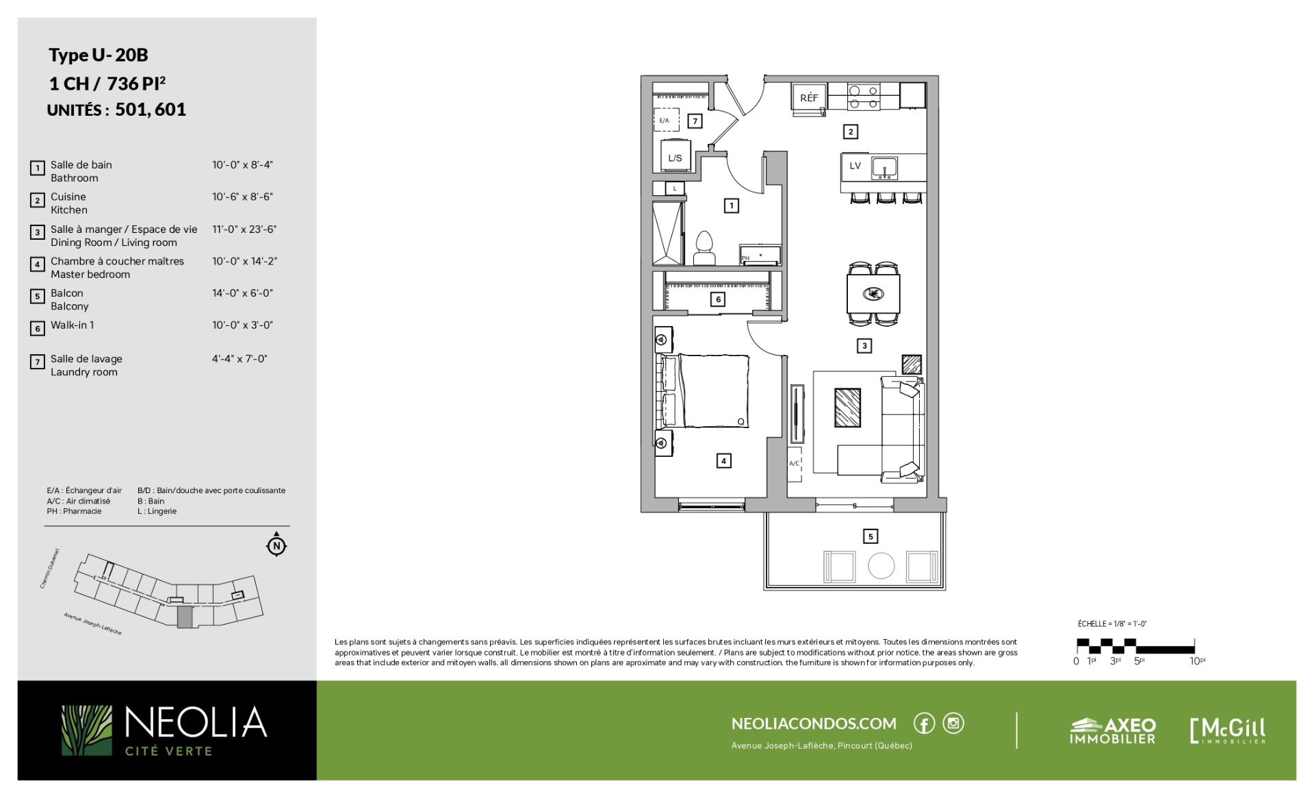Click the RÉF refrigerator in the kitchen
[x=809, y=97]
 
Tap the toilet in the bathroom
[x=704, y=248]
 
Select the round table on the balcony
[x=881, y=566]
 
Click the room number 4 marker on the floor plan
[x=723, y=461]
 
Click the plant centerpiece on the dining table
[x=873, y=294]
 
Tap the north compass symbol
[x=276, y=545]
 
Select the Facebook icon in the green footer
[x=924, y=723]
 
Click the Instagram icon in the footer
[x=953, y=723]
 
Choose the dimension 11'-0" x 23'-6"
[x=244, y=229]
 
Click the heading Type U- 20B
[x=99, y=55]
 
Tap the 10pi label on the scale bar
[x=1197, y=660]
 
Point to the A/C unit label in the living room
[x=794, y=464]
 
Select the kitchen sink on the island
[x=884, y=168]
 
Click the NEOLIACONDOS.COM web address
[x=814, y=723]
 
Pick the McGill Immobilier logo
[x=1228, y=730]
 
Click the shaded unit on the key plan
[x=185, y=616]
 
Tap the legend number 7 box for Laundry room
[x=37, y=361]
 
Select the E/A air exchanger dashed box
[x=666, y=120]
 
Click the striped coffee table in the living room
[x=847, y=408]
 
